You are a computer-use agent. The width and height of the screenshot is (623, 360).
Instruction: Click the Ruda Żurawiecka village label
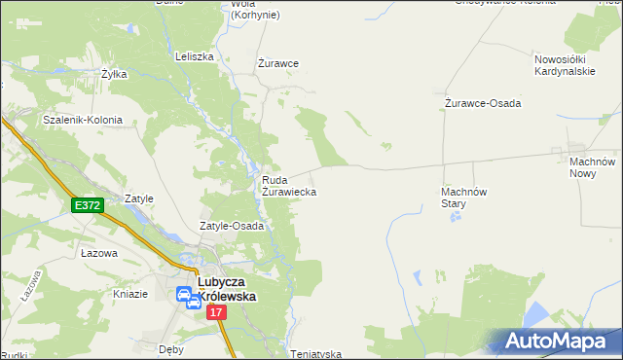289,186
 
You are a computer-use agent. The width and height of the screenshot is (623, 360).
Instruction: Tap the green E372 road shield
87,204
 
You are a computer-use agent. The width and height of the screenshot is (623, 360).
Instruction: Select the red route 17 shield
216,312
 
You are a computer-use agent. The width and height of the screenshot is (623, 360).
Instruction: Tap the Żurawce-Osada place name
483,103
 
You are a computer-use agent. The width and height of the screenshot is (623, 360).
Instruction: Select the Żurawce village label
277,63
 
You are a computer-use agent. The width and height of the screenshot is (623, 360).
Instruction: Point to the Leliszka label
194,56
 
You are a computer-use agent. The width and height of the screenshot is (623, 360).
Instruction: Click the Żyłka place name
115,73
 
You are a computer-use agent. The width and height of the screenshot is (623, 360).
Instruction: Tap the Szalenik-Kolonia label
83,121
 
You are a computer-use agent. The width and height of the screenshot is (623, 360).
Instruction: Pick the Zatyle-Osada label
233,226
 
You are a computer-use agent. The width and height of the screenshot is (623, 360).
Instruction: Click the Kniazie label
129,294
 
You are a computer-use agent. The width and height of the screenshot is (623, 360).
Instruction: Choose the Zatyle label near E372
139,198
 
